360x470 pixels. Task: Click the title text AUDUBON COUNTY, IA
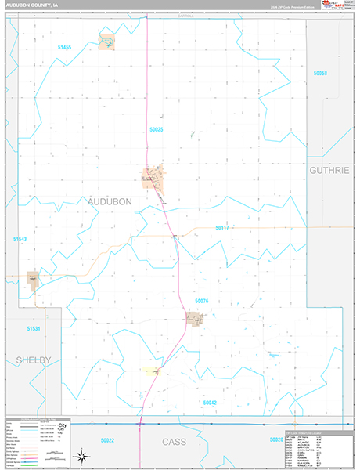pos(36,5)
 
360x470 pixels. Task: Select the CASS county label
pos(175,442)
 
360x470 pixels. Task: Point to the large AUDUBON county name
pos(110,201)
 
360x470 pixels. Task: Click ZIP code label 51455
pos(64,48)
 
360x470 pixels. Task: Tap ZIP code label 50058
pos(319,73)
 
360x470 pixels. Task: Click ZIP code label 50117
pos(221,227)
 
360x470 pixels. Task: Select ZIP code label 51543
pos(20,239)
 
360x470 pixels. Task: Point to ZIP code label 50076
pos(201,301)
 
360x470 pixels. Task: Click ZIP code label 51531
pos(33,328)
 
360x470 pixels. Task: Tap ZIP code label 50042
pos(209,402)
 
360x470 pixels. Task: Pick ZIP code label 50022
pos(107,440)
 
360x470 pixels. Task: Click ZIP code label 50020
pos(275,440)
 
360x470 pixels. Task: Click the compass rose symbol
pos(81,456)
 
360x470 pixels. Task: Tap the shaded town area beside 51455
pos(106,41)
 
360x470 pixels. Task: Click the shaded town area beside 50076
pos(194,319)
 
